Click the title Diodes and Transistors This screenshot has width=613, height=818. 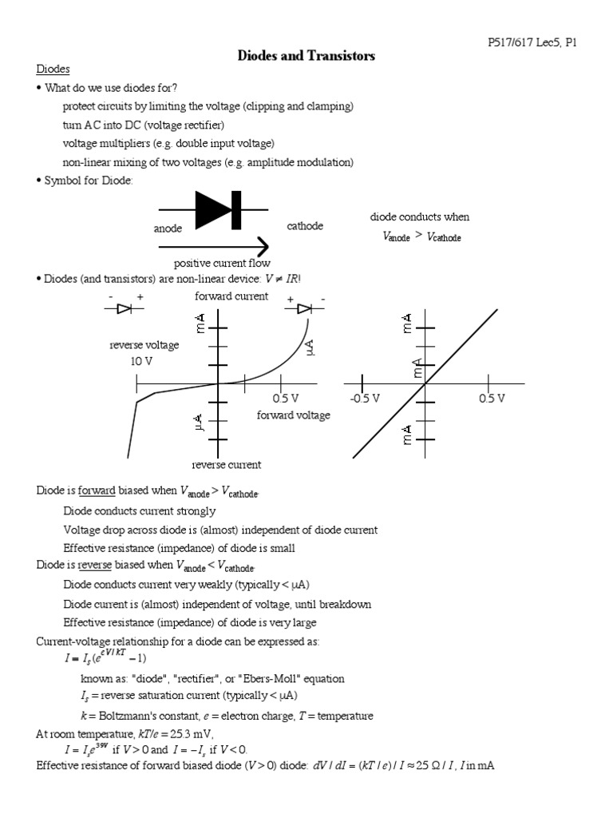tap(306, 56)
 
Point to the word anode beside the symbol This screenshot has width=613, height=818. tap(168, 228)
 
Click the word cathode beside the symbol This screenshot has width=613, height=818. tap(305, 226)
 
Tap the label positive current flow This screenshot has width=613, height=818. tap(222, 263)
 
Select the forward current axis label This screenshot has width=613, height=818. tap(231, 296)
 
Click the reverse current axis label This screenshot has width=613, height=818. tap(227, 465)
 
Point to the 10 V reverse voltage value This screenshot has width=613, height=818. tap(141, 361)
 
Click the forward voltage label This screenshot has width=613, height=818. tap(293, 415)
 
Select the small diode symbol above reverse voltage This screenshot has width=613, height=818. tap(124, 309)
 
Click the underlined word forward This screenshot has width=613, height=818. tap(97, 491)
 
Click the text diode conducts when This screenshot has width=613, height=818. tap(420, 217)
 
